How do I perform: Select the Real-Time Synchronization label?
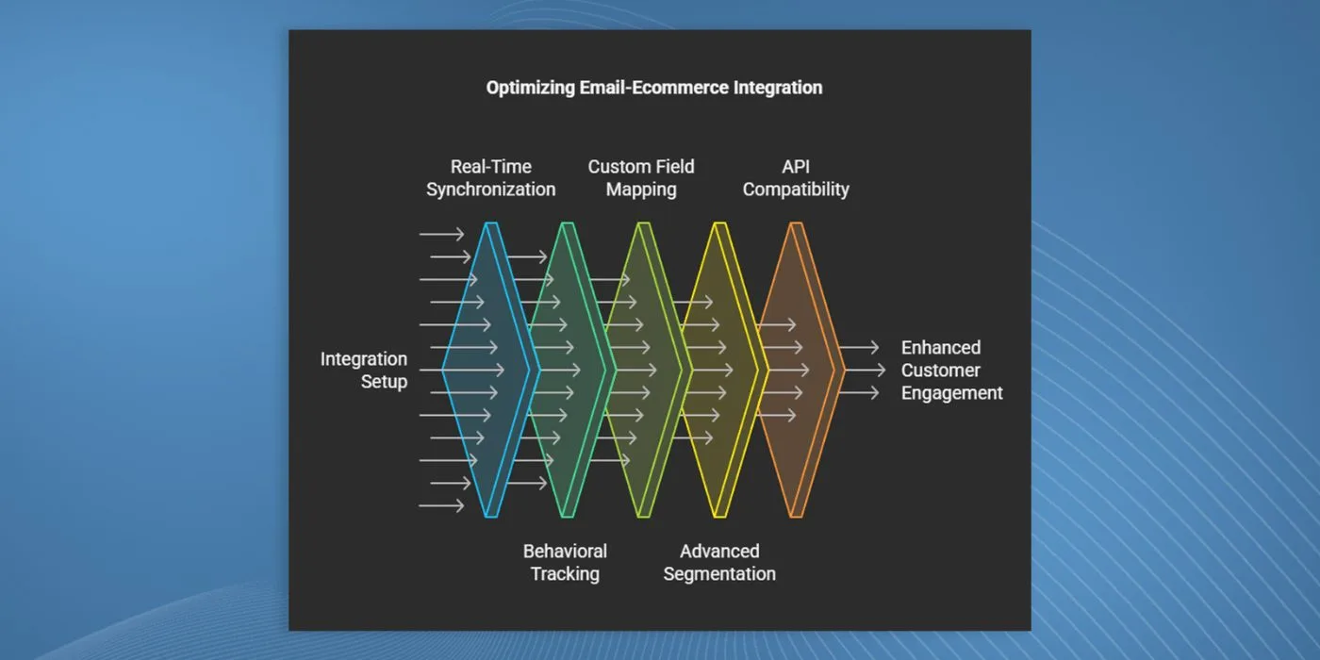click(x=491, y=178)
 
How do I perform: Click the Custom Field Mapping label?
click(x=641, y=178)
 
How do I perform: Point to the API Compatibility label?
click(x=796, y=178)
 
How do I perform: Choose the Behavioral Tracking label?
click(x=565, y=562)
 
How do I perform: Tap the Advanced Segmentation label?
click(x=719, y=562)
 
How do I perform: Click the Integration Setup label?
click(x=364, y=370)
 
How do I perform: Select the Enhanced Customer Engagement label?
click(x=951, y=370)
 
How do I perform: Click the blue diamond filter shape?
click(x=490, y=370)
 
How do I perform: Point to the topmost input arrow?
click(x=441, y=235)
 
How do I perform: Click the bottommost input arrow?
click(x=441, y=505)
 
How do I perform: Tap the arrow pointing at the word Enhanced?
click(x=859, y=348)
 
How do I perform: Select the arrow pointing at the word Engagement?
click(x=859, y=392)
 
